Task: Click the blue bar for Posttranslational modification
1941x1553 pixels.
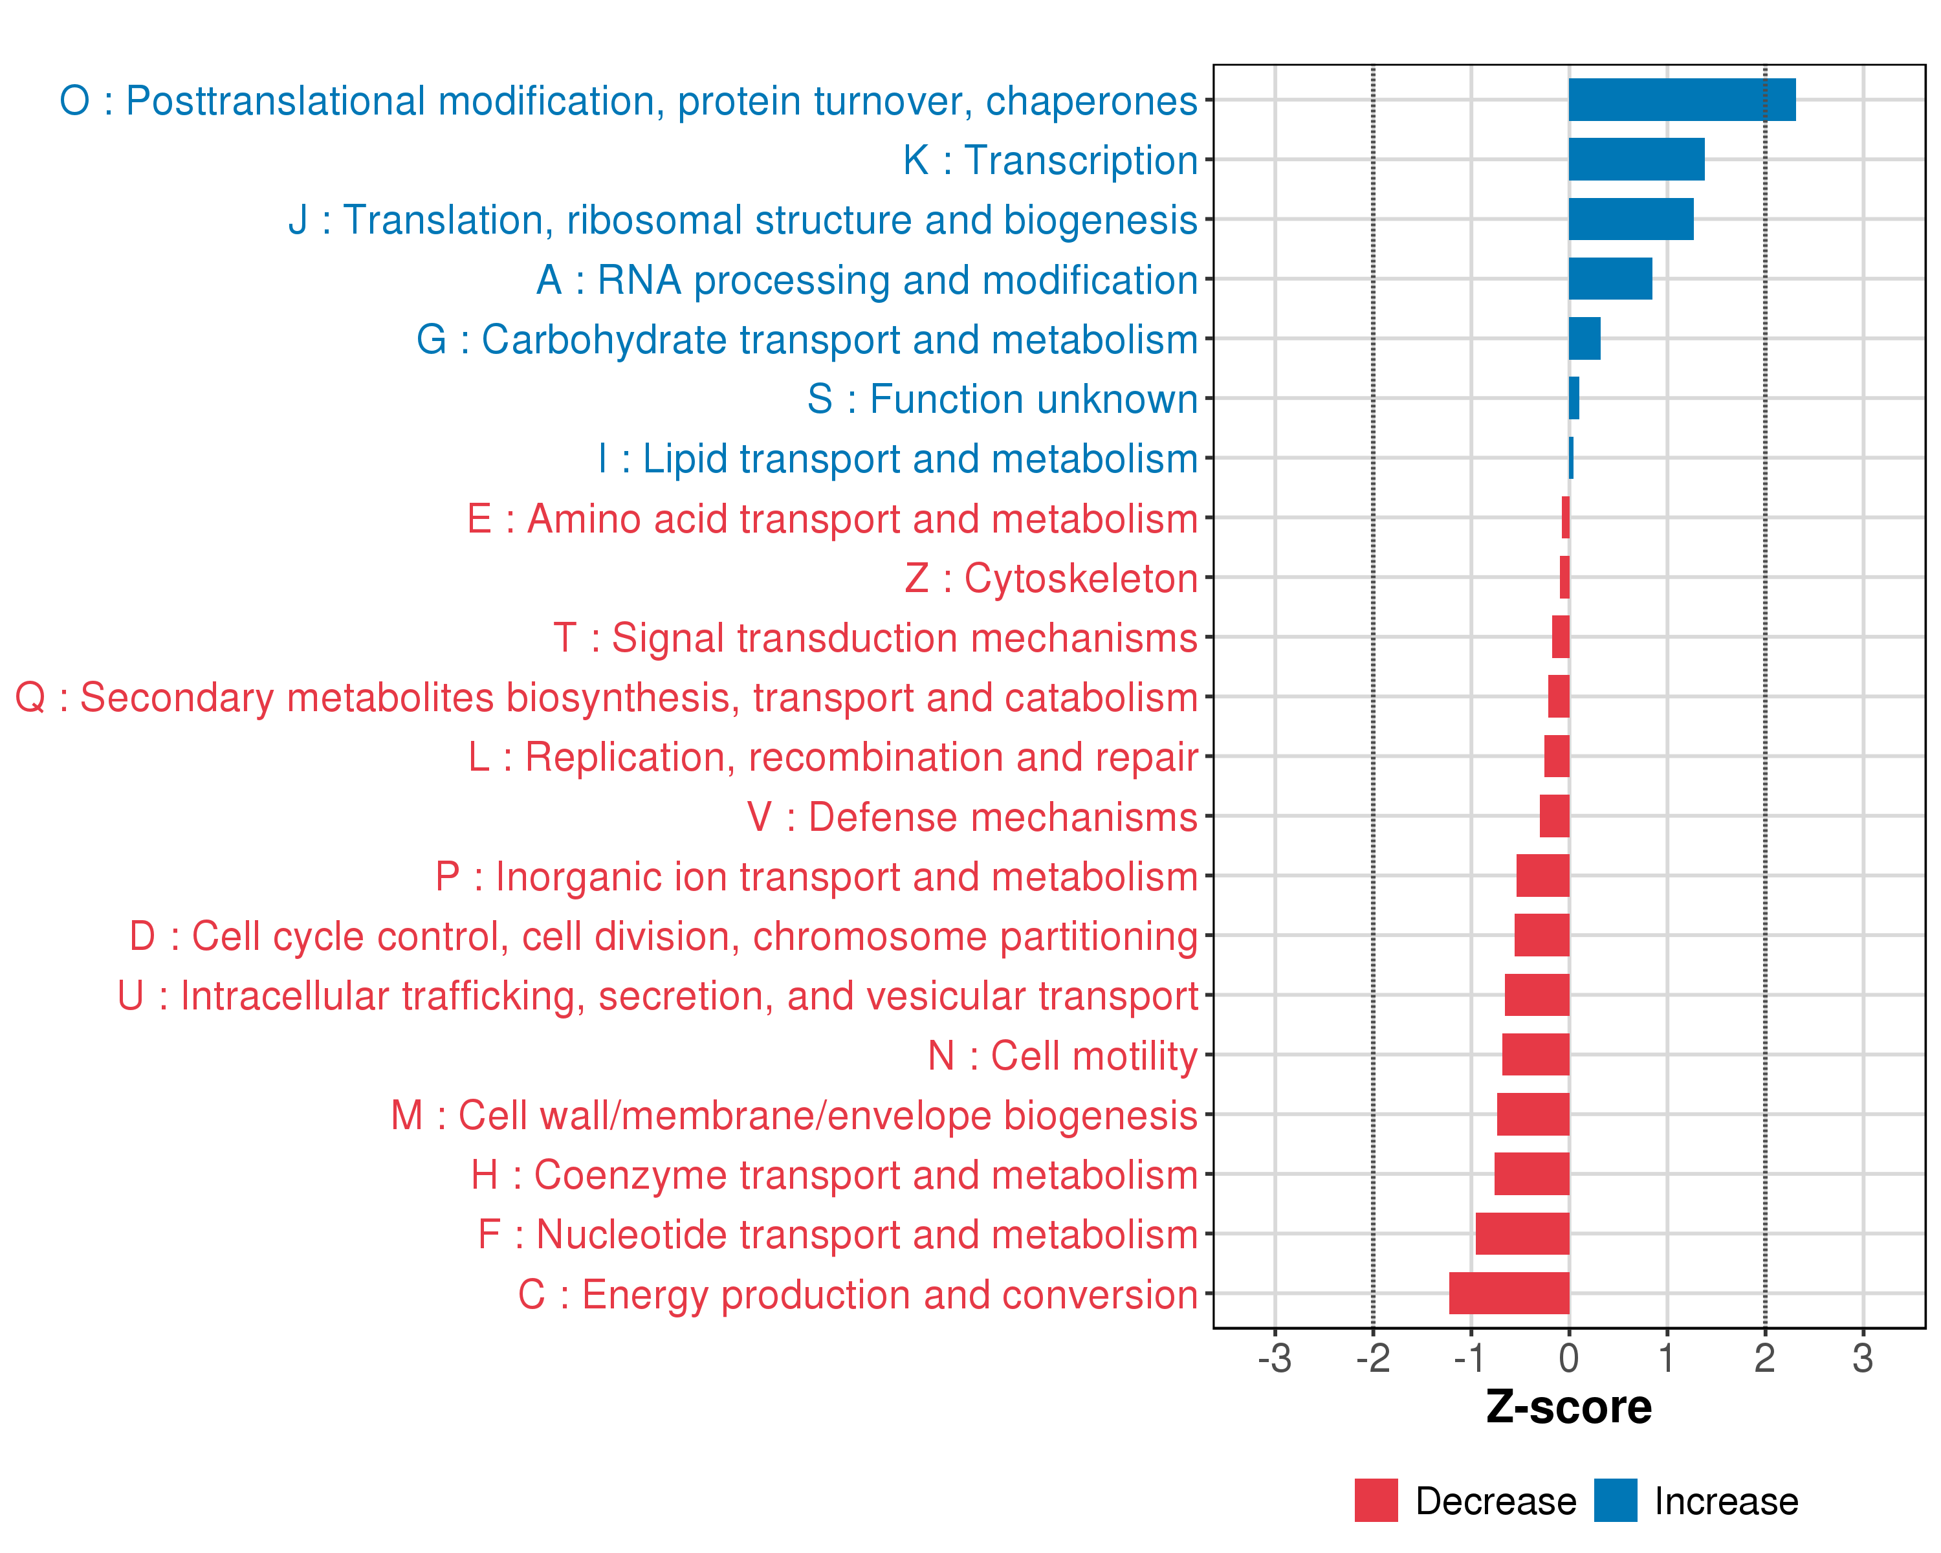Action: pyautogui.click(x=1681, y=100)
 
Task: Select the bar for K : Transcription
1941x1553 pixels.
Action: pyautogui.click(x=1636, y=159)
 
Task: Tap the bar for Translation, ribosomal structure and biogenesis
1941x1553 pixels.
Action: pyautogui.click(x=1630, y=219)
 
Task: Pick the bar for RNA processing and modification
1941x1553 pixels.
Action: pyautogui.click(x=1610, y=279)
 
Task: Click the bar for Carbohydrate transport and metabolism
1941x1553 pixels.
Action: pyautogui.click(x=1585, y=338)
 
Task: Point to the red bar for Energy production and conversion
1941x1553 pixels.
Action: pyautogui.click(x=1509, y=1293)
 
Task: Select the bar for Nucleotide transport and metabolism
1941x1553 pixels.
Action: pyautogui.click(x=1522, y=1233)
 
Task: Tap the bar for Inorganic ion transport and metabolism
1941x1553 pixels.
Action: pyautogui.click(x=1542, y=875)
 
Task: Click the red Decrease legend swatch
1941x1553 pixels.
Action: pyautogui.click(x=1376, y=1501)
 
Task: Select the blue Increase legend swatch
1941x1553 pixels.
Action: pyautogui.click(x=1615, y=1501)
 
